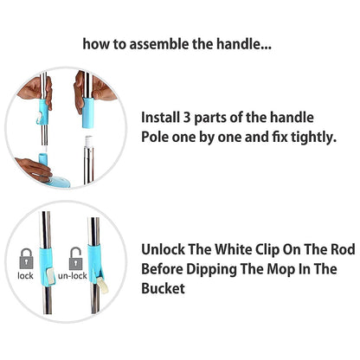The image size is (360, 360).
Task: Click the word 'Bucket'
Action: coord(163,288)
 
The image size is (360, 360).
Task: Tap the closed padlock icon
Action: coord(26,257)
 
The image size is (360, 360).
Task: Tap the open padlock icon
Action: coord(76,257)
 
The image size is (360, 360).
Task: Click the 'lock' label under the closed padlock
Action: coord(26,277)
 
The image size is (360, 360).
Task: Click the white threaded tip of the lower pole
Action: coord(88,138)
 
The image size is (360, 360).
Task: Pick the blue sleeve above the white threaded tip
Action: coord(89,112)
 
